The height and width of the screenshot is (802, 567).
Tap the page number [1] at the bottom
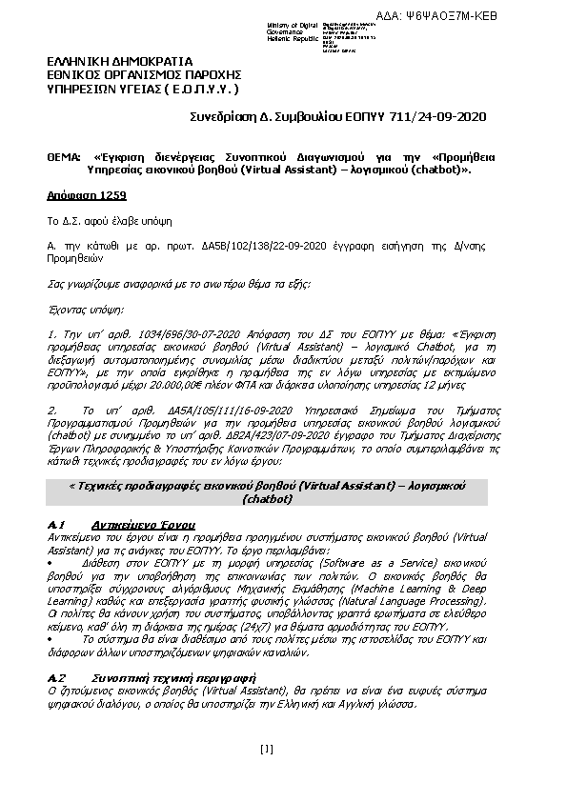point(266,749)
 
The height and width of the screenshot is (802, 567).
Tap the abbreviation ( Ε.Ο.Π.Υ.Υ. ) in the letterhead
point(196,88)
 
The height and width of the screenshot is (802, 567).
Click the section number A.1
point(55,525)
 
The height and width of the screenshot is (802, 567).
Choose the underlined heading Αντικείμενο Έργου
point(144,525)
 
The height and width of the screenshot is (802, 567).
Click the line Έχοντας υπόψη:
point(85,310)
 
